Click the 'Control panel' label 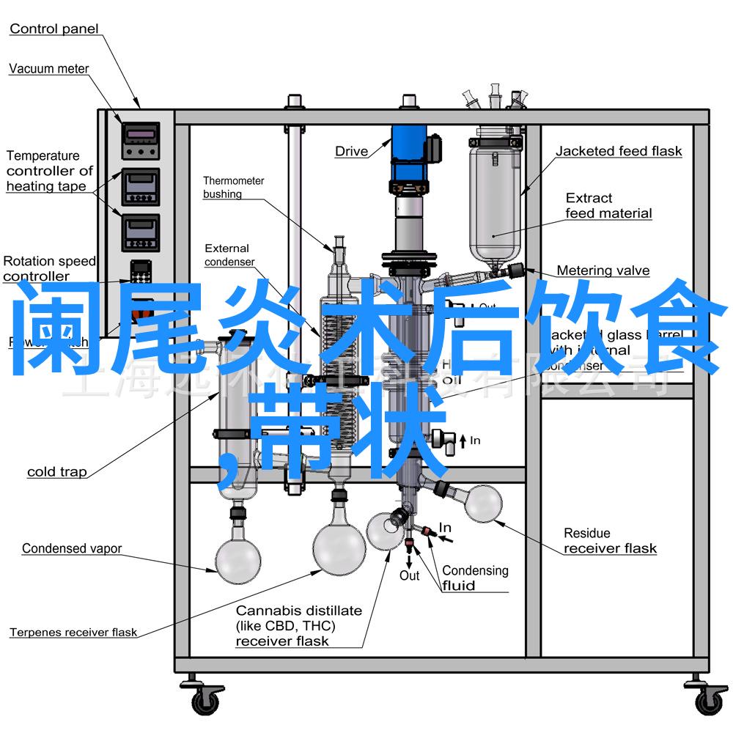[54, 29]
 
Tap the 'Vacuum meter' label [48, 69]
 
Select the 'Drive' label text [351, 152]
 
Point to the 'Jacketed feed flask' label [618, 152]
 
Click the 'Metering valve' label [603, 270]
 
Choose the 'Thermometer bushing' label [233, 187]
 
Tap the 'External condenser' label [229, 255]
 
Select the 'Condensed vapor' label [72, 548]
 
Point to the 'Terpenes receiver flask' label [73, 633]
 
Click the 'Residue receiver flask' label [609, 541]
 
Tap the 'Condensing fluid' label [474, 578]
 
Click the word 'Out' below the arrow [409, 576]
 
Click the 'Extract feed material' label [608, 205]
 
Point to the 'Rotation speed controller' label [48, 268]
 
